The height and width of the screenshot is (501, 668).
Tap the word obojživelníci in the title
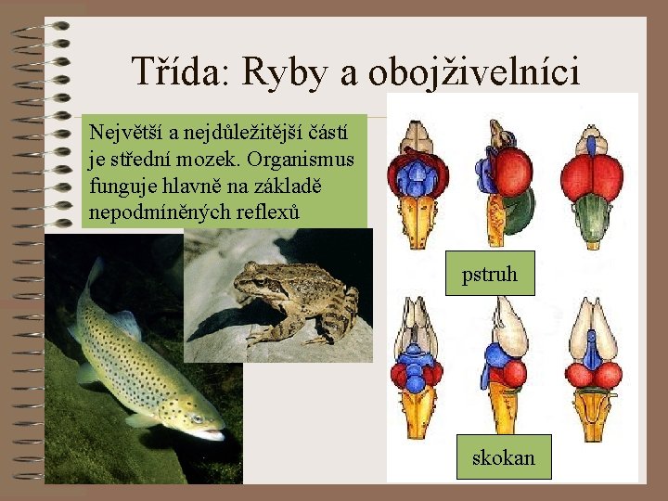click(x=473, y=72)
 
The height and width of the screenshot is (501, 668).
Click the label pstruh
click(x=490, y=275)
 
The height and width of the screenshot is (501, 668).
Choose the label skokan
click(x=503, y=457)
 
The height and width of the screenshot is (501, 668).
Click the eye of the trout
click(x=198, y=417)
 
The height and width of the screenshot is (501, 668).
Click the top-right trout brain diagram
click(x=590, y=180)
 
